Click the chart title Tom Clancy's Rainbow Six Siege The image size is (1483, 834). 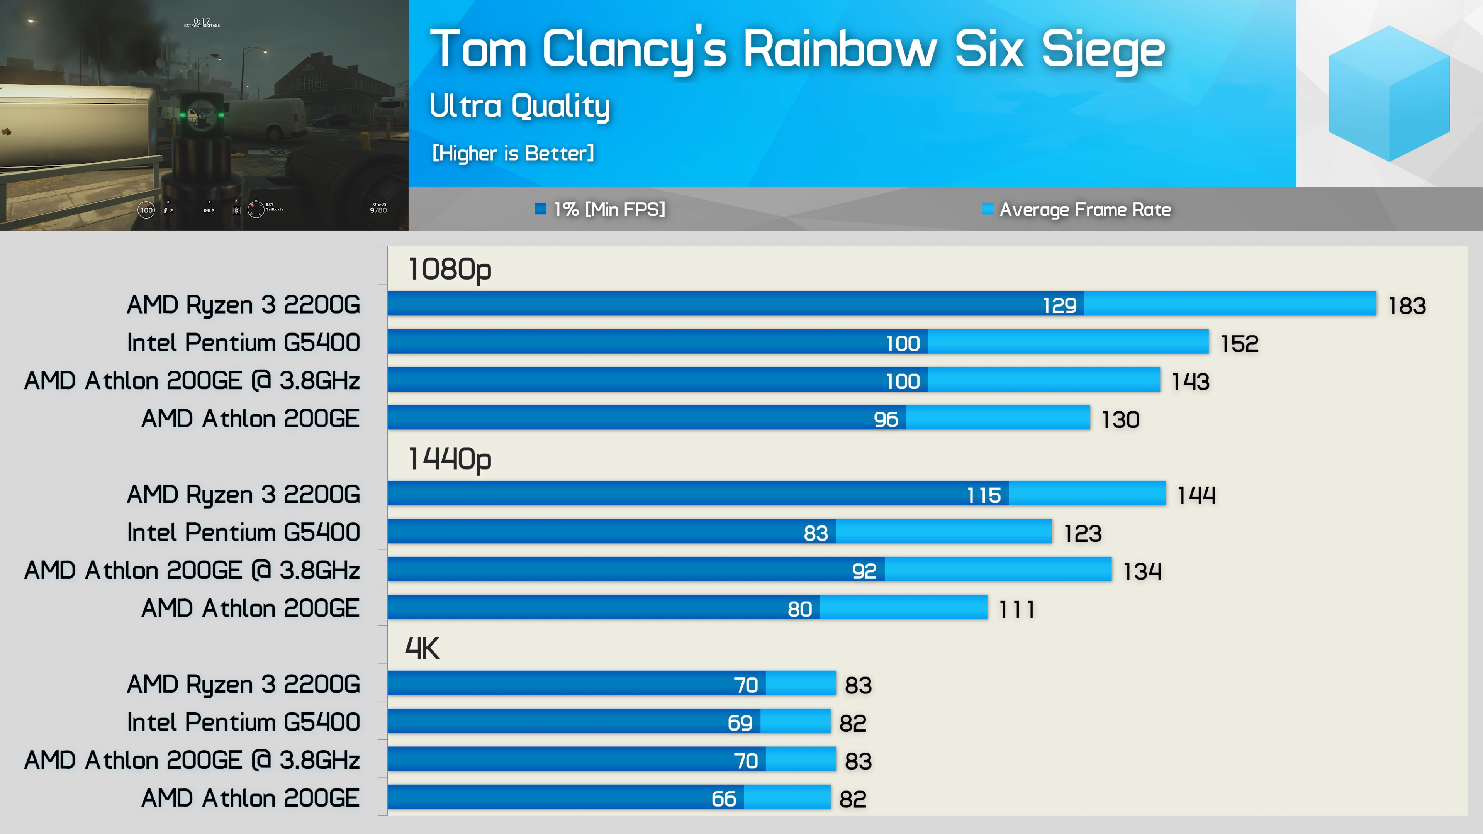[797, 51]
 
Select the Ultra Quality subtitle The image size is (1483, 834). [519, 107]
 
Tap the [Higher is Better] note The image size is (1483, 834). [513, 154]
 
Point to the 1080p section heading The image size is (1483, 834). [450, 270]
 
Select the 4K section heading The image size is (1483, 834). [422, 648]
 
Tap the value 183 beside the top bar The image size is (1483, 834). [1407, 306]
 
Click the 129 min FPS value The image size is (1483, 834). [1059, 305]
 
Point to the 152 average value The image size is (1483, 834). [1239, 344]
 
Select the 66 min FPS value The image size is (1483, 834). [724, 799]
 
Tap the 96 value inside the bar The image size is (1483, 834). [886, 419]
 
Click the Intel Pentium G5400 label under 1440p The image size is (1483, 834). [244, 532]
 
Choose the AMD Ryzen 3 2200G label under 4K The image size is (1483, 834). [244, 684]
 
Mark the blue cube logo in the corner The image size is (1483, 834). [1389, 93]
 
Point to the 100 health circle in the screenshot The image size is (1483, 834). [146, 210]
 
